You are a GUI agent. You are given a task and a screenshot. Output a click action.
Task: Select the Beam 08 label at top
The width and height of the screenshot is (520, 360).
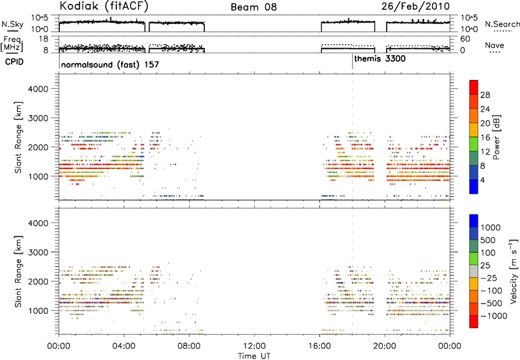coord(253,7)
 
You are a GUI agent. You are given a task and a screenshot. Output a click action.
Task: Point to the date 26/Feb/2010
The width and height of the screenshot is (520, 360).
coord(415,6)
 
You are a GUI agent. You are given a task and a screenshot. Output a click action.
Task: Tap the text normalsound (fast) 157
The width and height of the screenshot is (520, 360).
coord(110,64)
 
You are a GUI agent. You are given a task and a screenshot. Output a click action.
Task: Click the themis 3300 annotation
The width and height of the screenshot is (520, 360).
coord(380,59)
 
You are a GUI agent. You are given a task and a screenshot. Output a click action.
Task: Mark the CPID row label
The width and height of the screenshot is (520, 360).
coord(14,62)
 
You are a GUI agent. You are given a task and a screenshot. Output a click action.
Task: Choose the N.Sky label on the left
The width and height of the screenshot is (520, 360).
coord(12,24)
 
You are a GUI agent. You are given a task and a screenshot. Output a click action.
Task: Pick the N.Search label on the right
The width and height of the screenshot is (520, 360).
coord(502,24)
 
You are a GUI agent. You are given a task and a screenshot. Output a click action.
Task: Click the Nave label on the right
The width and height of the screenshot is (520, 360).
coord(495,45)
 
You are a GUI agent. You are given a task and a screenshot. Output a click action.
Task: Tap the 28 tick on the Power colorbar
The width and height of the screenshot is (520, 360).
coord(485,95)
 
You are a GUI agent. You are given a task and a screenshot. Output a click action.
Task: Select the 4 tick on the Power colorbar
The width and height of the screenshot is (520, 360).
coord(482,181)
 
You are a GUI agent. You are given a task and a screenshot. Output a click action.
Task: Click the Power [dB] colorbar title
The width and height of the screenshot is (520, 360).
coord(497,137)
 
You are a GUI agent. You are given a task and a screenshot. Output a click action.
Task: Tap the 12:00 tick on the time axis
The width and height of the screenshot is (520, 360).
coord(254,346)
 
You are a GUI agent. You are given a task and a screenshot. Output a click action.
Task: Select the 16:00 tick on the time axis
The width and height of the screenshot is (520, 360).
coord(319,346)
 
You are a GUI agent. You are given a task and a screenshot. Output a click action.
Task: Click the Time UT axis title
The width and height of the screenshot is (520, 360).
coord(254,356)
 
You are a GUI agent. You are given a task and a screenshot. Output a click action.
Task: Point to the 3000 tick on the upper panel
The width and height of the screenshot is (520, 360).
coord(38,118)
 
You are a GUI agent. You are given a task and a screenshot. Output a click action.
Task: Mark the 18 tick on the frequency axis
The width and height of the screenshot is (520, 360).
coord(44,39)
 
